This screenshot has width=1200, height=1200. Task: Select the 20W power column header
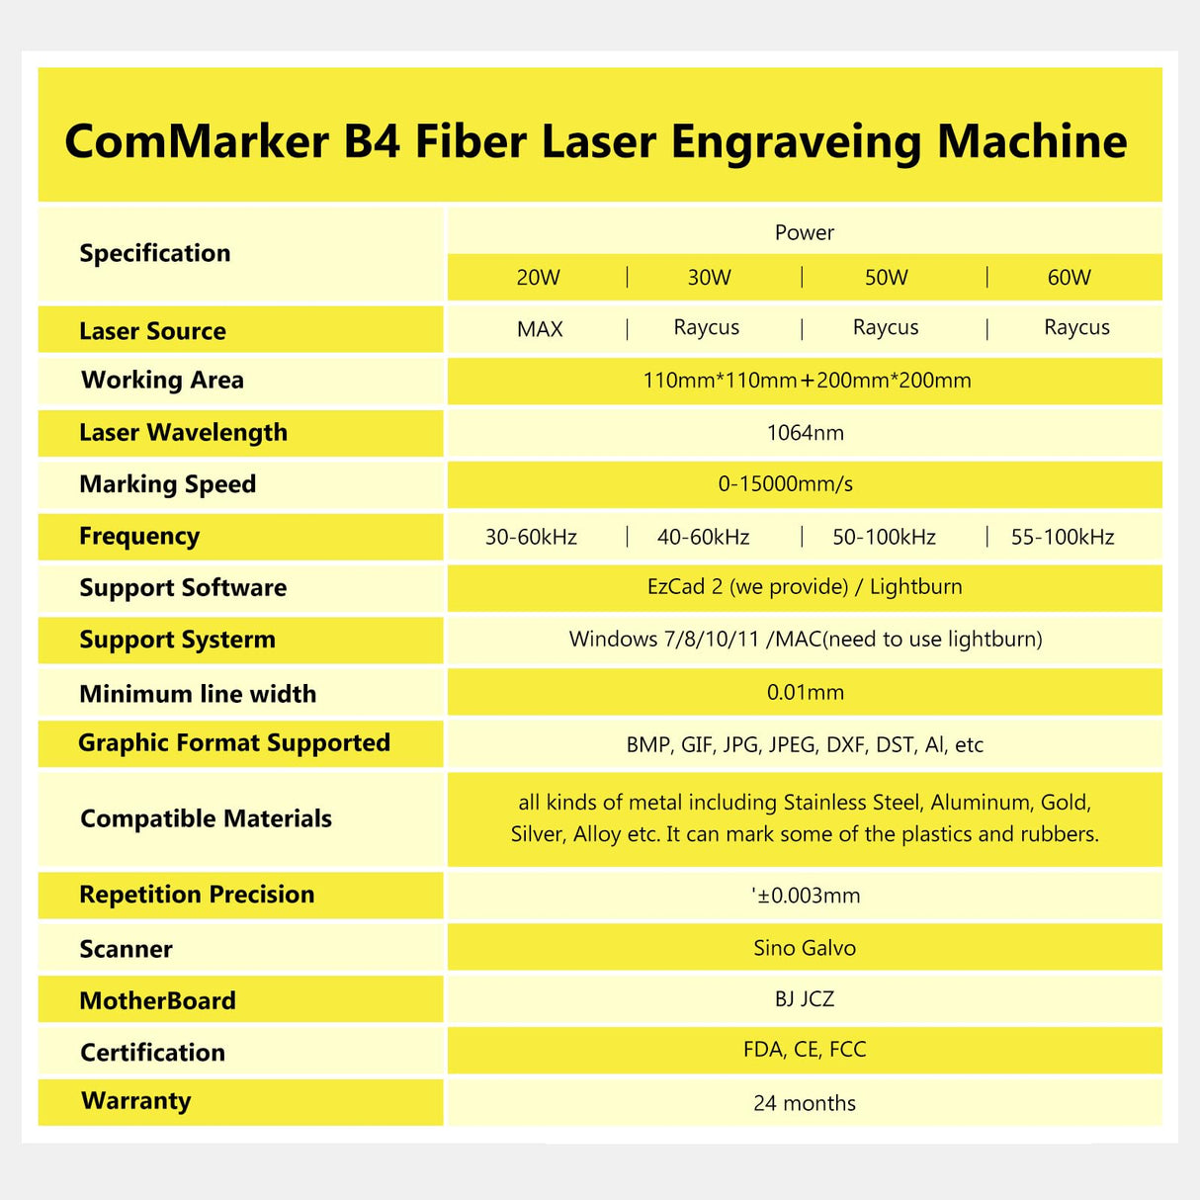pos(538,278)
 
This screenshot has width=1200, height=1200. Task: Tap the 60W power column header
pos(1069,278)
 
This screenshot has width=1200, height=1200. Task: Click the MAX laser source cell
pos(540,329)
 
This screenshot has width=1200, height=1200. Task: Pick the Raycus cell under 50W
pos(886,327)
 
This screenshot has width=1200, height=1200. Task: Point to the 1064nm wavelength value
pos(805,433)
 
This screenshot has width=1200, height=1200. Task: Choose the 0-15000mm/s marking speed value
pos(785,484)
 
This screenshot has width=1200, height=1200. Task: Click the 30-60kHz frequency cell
pos(531,538)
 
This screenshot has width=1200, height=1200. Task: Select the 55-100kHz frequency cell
pos(1063,538)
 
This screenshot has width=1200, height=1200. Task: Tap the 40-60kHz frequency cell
pos(703,538)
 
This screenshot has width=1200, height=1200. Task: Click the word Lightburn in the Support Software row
pos(915,587)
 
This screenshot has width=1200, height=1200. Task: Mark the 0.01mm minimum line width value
pos(805,693)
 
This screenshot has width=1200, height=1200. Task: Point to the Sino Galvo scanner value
pos(805,948)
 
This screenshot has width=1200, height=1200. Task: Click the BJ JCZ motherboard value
pos(805,999)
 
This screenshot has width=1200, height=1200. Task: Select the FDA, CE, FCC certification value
pos(805,1050)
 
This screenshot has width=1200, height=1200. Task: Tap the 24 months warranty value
pos(805,1103)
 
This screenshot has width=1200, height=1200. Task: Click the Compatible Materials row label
pos(206,818)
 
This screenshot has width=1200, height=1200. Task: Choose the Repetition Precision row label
pos(197,895)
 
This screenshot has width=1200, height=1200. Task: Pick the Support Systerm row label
pos(177,640)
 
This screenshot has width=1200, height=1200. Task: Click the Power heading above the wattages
pos(805,232)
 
